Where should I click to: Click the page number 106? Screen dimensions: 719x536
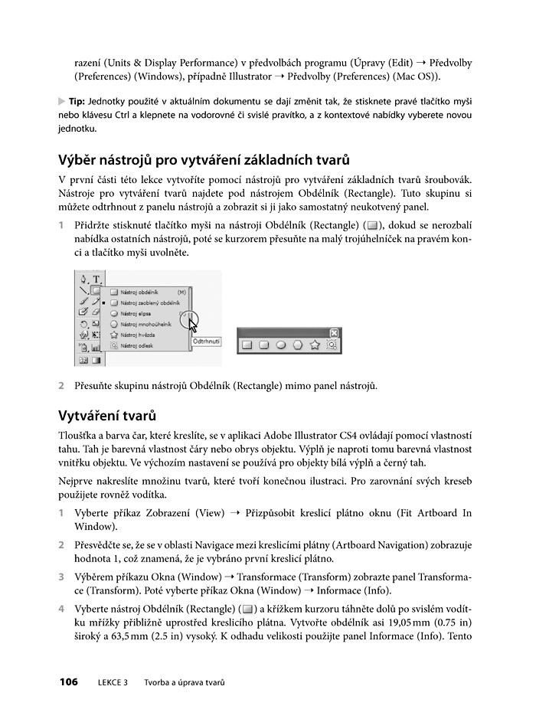tap(68, 682)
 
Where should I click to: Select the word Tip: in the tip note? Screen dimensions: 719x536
tap(77, 102)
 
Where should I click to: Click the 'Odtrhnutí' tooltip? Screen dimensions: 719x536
tap(207, 342)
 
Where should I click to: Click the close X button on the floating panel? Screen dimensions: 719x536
tap(333, 332)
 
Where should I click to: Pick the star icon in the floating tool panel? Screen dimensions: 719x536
tap(315, 345)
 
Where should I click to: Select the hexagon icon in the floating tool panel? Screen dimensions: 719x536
tap(298, 345)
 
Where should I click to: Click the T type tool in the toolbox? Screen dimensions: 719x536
tap(96, 279)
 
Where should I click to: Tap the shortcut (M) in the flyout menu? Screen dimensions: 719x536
tap(181, 293)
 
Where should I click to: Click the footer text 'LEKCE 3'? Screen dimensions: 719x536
tap(113, 682)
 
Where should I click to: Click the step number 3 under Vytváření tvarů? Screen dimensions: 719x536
tap(61, 576)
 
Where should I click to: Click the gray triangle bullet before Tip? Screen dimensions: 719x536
tap(62, 102)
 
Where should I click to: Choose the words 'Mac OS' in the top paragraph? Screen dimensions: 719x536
tap(421, 77)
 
